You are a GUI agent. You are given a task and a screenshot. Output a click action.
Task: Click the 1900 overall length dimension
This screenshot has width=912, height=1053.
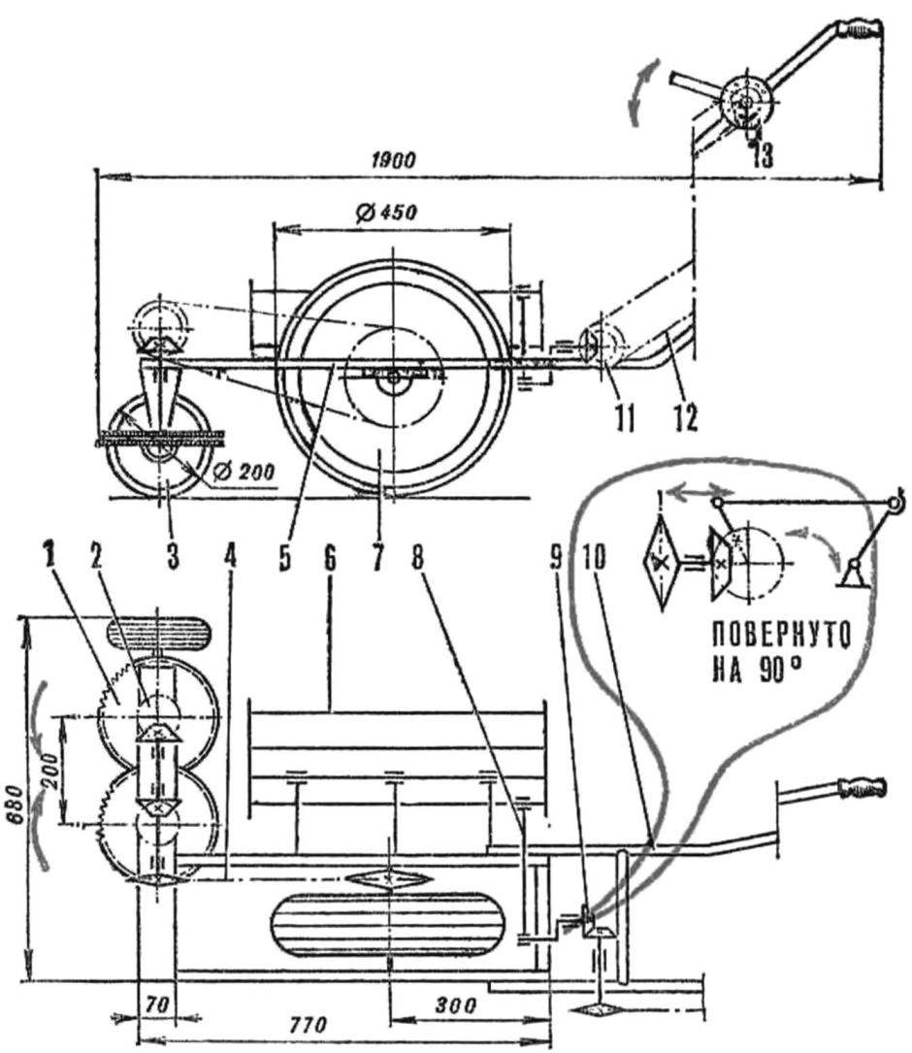(393, 160)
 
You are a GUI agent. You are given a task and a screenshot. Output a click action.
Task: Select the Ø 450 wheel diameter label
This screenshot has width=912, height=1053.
(385, 213)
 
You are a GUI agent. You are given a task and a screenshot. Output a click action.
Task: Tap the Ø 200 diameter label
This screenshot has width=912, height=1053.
(244, 472)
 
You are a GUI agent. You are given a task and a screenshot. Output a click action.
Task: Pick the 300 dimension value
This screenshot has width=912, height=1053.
(455, 1004)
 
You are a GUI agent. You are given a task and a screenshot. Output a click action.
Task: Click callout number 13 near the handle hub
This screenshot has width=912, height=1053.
(762, 155)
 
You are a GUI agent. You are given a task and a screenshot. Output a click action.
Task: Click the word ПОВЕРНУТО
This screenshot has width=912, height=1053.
(781, 634)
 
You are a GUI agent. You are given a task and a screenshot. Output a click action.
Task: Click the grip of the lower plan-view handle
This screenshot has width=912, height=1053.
(862, 786)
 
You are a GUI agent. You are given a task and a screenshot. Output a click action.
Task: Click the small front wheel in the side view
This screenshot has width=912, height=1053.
(160, 447)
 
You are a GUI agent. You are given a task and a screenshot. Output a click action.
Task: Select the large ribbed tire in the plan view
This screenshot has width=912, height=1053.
(387, 925)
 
